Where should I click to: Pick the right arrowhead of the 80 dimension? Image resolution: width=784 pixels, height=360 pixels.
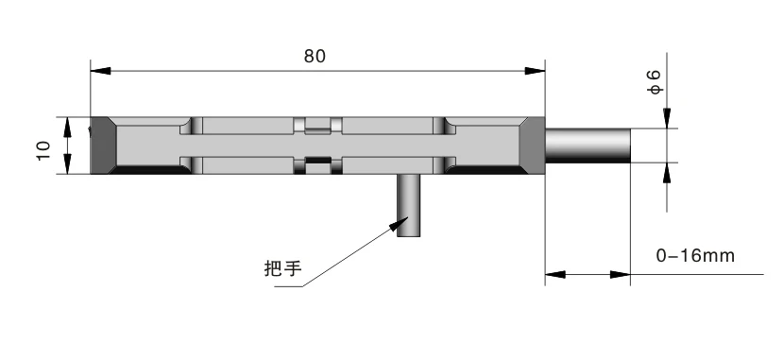coord(535,71)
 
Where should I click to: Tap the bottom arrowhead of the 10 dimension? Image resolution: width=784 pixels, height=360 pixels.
coord(66,167)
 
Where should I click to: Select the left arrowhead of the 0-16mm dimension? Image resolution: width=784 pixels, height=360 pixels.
coord(554,276)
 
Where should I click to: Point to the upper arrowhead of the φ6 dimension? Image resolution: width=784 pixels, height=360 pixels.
coord(667,121)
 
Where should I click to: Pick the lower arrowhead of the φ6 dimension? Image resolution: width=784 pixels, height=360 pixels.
coord(667,170)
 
